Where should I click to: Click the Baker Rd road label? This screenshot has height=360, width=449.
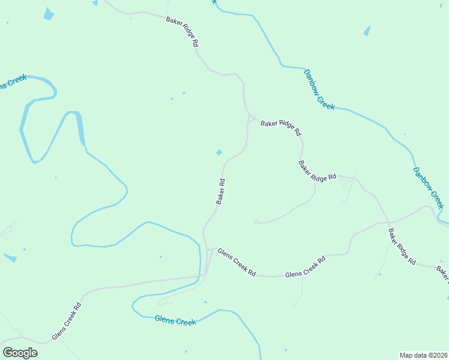click(x=221, y=191)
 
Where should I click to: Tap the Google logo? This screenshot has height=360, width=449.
click(x=20, y=353)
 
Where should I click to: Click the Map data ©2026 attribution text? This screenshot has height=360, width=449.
click(x=423, y=355)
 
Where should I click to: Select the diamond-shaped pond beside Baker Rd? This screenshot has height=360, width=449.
click(x=219, y=152)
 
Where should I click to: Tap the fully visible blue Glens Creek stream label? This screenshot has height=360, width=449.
click(x=175, y=321)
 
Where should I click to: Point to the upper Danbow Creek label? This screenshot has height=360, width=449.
click(x=319, y=89)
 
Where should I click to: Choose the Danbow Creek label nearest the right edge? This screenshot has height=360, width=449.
click(x=428, y=187)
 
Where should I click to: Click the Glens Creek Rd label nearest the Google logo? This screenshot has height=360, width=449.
click(x=66, y=321)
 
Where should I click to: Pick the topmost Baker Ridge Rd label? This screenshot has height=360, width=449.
click(x=182, y=32)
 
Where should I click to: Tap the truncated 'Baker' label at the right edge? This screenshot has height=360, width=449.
click(x=442, y=273)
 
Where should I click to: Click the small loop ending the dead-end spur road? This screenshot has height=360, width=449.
click(x=256, y=221)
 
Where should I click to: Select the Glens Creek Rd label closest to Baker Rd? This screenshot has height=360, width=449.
click(x=237, y=262)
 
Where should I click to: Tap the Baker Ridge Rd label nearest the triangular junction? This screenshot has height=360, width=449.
click(x=280, y=128)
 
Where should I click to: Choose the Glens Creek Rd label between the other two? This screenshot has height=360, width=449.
click(x=305, y=267)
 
